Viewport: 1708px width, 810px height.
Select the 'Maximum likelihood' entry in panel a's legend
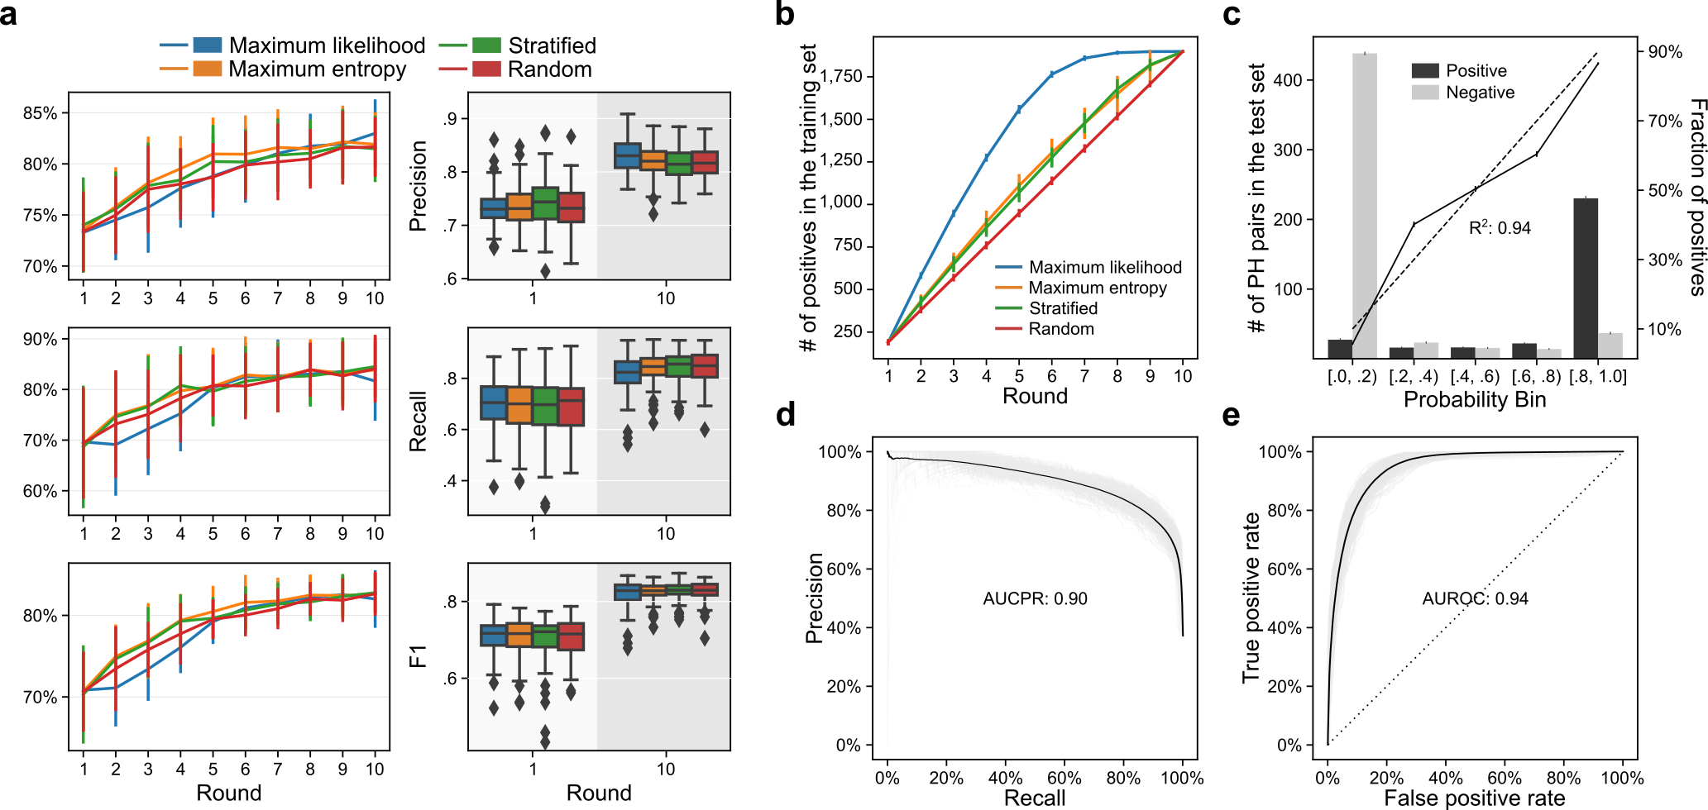327,45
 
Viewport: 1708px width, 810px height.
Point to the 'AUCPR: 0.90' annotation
1035,598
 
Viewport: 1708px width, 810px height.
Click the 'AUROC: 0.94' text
1475,598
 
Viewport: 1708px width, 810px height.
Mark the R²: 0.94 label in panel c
1500,228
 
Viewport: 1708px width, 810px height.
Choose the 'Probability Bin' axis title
1475,399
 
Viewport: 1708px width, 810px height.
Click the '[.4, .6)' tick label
1475,377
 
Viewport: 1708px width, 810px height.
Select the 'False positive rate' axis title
1475,798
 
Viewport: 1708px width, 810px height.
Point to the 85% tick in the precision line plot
41,113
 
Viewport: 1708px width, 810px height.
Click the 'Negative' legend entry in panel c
1480,93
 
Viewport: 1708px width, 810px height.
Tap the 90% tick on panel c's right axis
1665,52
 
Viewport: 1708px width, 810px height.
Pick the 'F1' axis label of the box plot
419,656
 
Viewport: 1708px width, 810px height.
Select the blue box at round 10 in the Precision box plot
627,155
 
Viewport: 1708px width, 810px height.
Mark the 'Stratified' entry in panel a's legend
552,45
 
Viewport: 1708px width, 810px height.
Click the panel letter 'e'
1231,416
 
